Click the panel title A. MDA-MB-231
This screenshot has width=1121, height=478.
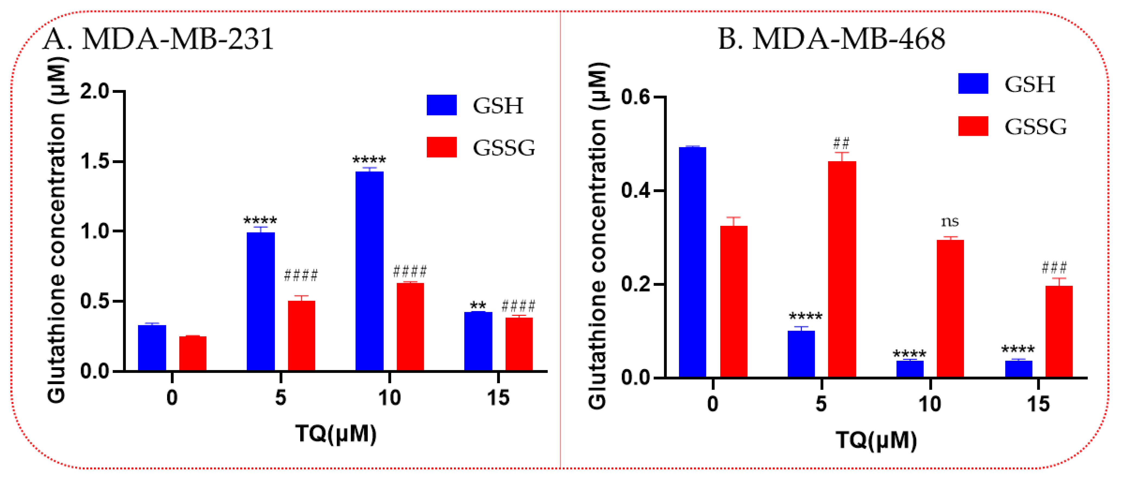pos(158,39)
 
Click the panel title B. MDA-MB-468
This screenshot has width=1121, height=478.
pos(831,39)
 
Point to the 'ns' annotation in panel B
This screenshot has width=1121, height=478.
pos(950,222)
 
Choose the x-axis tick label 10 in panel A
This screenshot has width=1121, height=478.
pos(389,398)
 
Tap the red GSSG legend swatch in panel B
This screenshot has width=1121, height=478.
pos(973,126)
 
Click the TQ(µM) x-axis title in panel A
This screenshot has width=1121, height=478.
pos(336,433)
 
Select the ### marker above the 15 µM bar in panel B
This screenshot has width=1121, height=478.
pos(1054,267)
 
